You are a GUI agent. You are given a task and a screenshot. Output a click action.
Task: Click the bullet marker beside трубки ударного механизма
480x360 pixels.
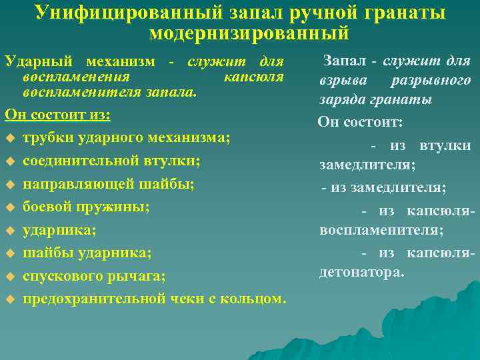(9, 138)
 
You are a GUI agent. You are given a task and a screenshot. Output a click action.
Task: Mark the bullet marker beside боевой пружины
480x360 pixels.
(9, 207)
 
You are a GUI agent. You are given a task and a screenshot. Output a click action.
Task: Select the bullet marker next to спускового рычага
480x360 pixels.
(9, 276)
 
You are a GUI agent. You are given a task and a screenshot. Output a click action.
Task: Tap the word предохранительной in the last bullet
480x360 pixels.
(93, 298)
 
